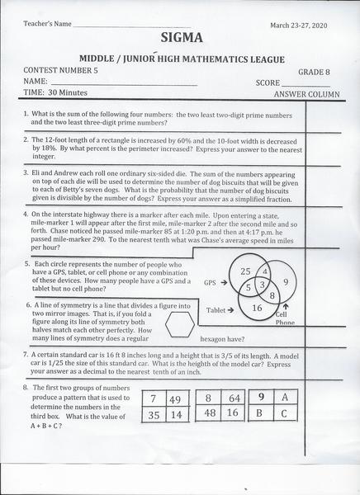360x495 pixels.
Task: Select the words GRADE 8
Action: [x=311, y=71]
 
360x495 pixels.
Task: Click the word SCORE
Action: [x=268, y=82]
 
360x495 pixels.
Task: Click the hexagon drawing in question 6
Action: [x=179, y=326]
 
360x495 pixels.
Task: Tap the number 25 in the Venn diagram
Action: [x=245, y=272]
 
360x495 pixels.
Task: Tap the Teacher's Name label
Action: [x=34, y=24]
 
